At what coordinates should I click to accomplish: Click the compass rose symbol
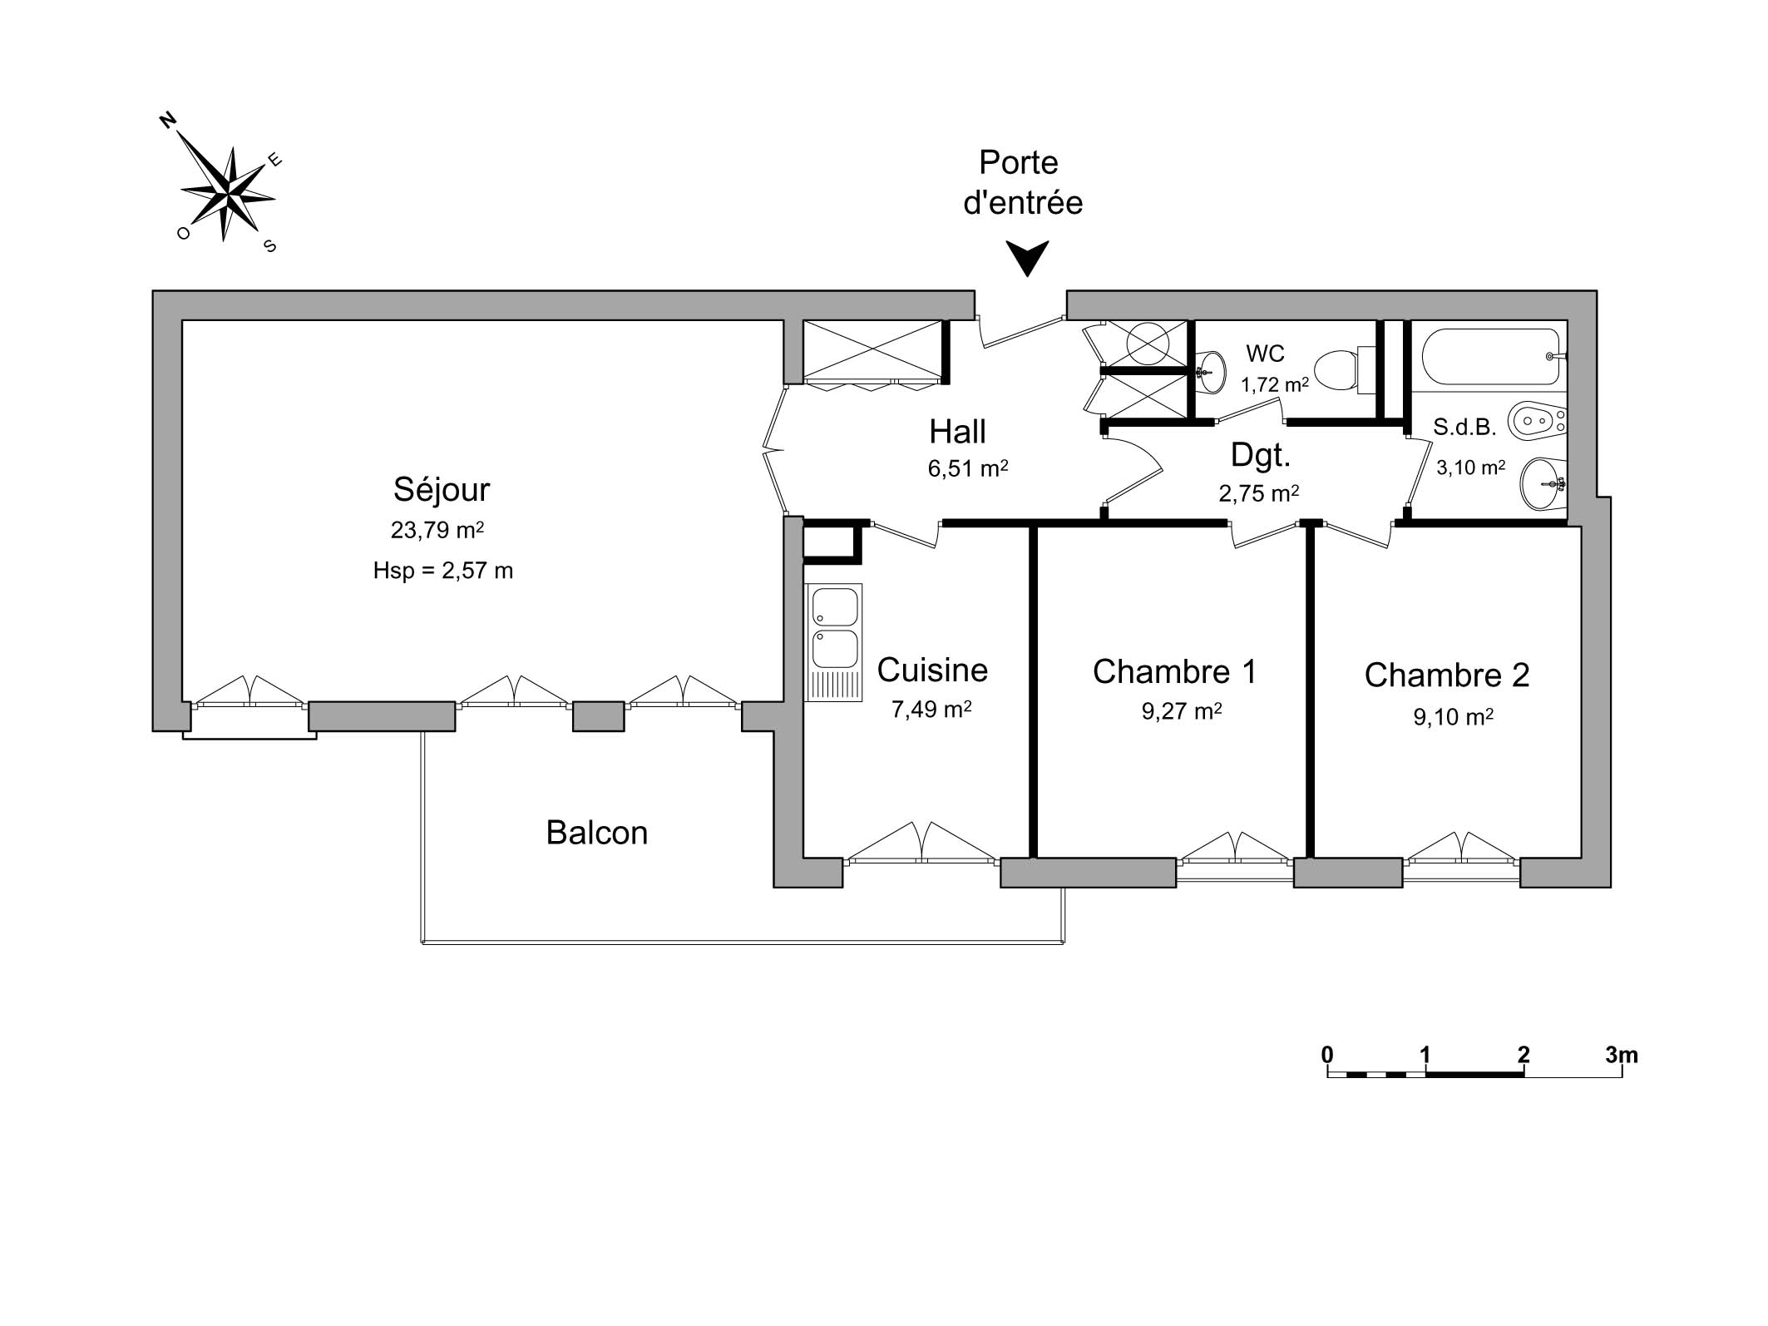(x=226, y=193)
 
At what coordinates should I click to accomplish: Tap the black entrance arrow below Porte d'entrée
(x=1027, y=257)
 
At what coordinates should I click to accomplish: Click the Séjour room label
(x=442, y=489)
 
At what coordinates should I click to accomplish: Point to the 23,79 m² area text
(x=437, y=530)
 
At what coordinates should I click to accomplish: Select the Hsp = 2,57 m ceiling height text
(x=442, y=571)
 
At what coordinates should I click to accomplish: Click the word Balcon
(x=596, y=833)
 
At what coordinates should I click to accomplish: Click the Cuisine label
(x=932, y=670)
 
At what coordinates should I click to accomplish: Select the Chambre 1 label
(x=1174, y=671)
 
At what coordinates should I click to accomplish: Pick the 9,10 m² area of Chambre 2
(x=1453, y=716)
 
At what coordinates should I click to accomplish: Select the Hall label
(x=957, y=432)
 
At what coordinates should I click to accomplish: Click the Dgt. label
(x=1261, y=455)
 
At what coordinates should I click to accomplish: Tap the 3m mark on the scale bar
(x=1622, y=1056)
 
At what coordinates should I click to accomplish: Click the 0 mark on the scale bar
(x=1327, y=1056)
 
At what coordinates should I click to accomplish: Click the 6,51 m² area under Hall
(x=968, y=468)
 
